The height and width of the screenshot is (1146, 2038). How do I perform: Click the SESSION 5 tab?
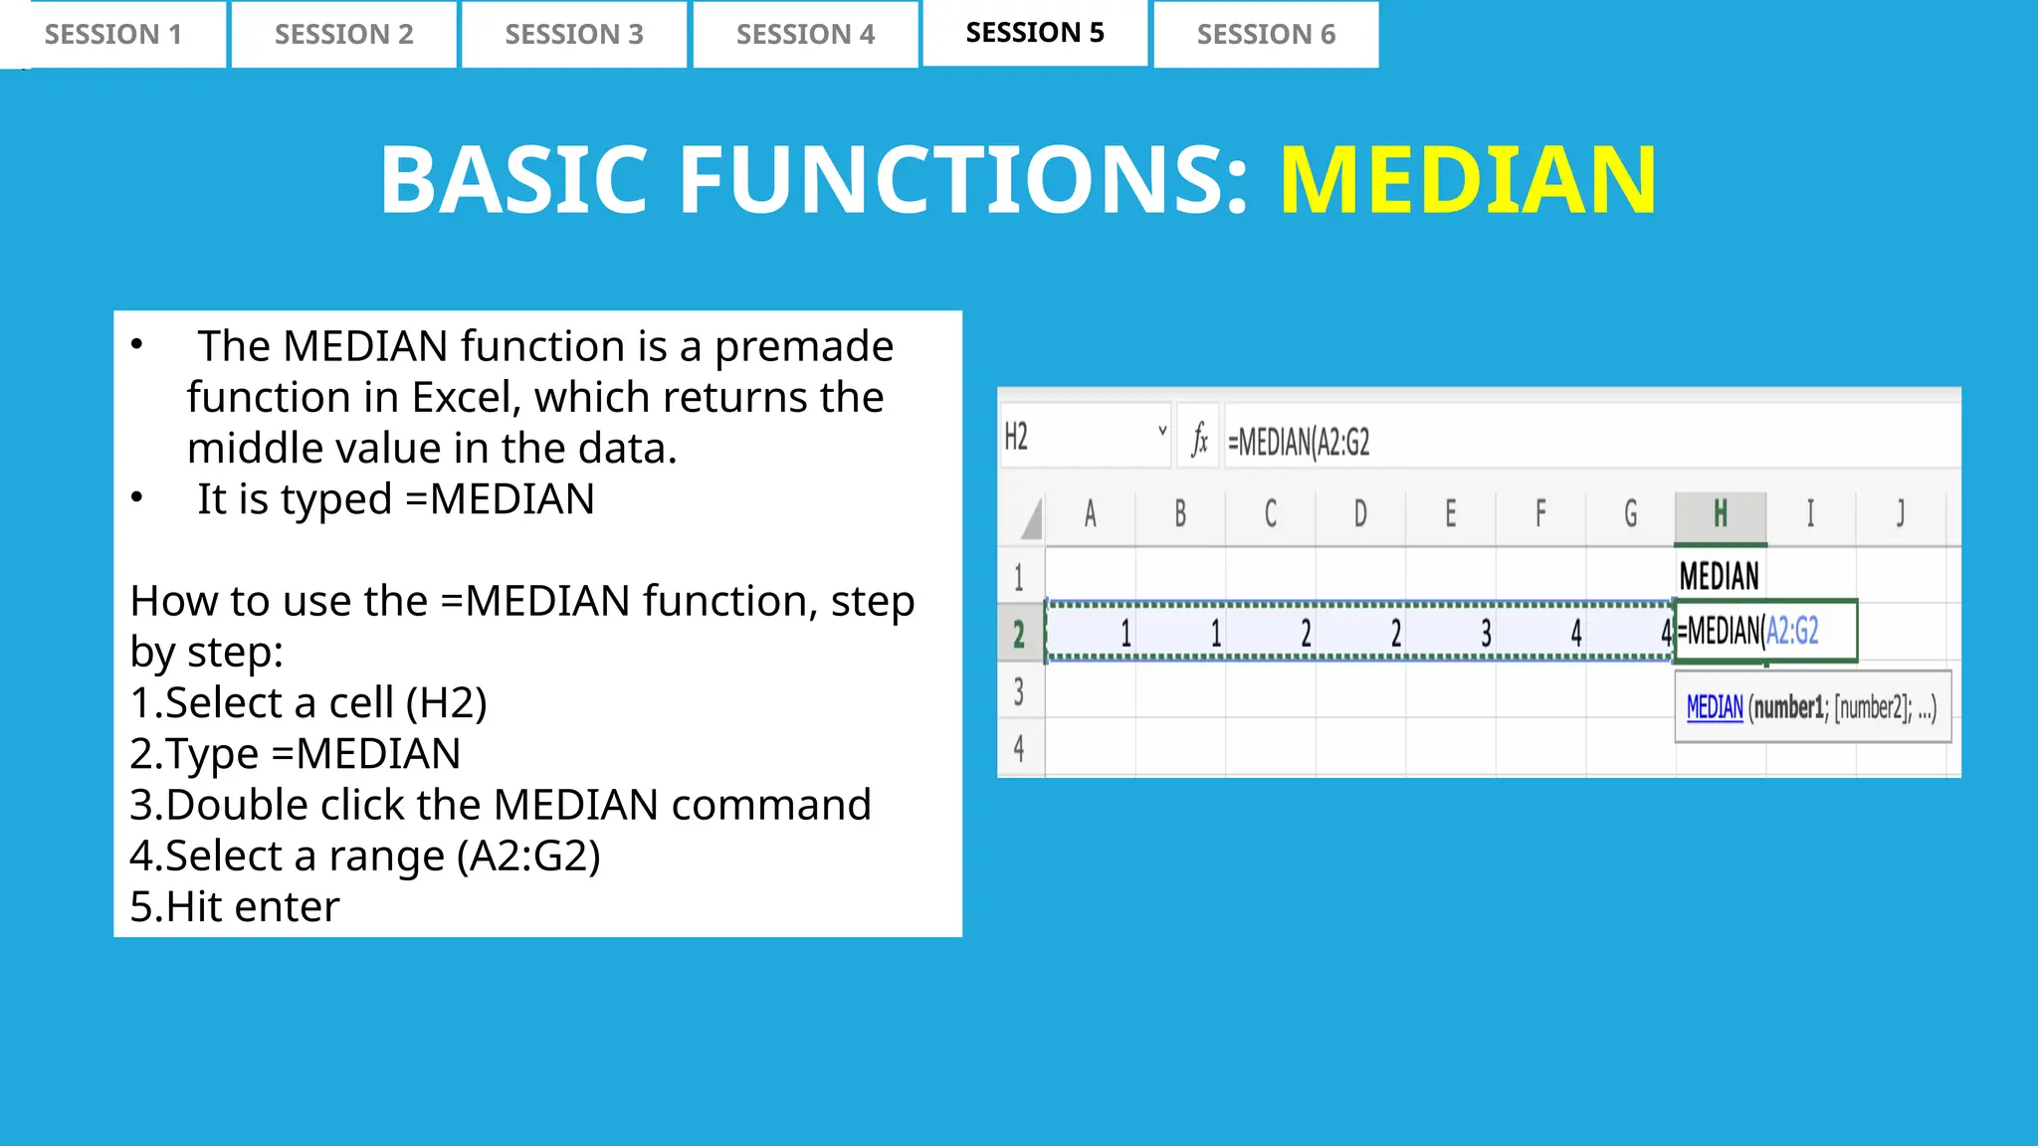(x=1035, y=33)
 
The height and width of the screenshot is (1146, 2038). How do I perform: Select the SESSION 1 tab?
(x=112, y=35)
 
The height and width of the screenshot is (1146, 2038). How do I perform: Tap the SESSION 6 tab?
(x=1266, y=35)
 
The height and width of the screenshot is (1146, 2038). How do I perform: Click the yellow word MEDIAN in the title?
(x=1468, y=180)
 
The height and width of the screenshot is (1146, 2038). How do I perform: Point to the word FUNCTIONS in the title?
(x=962, y=180)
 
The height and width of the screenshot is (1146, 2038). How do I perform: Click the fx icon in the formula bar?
(x=1200, y=439)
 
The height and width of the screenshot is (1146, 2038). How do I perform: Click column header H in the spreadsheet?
(x=1720, y=515)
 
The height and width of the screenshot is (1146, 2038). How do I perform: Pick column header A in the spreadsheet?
(x=1090, y=515)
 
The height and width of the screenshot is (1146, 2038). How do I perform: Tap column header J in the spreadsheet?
(x=1900, y=515)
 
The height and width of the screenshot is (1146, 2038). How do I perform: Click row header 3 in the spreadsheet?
(x=1019, y=691)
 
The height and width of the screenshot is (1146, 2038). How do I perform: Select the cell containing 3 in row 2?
(x=1451, y=633)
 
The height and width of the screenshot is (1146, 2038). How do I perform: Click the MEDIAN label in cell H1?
(x=1719, y=576)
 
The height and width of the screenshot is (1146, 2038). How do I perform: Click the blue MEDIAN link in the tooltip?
(x=1715, y=707)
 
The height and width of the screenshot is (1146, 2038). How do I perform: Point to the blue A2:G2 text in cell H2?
(x=1792, y=631)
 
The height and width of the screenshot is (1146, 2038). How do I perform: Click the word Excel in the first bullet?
(x=462, y=398)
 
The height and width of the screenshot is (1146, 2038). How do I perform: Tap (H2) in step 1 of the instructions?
(x=447, y=703)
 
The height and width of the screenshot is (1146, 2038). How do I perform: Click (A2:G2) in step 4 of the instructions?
(x=528, y=857)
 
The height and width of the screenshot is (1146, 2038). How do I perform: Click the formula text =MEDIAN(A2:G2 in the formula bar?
(x=1299, y=442)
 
